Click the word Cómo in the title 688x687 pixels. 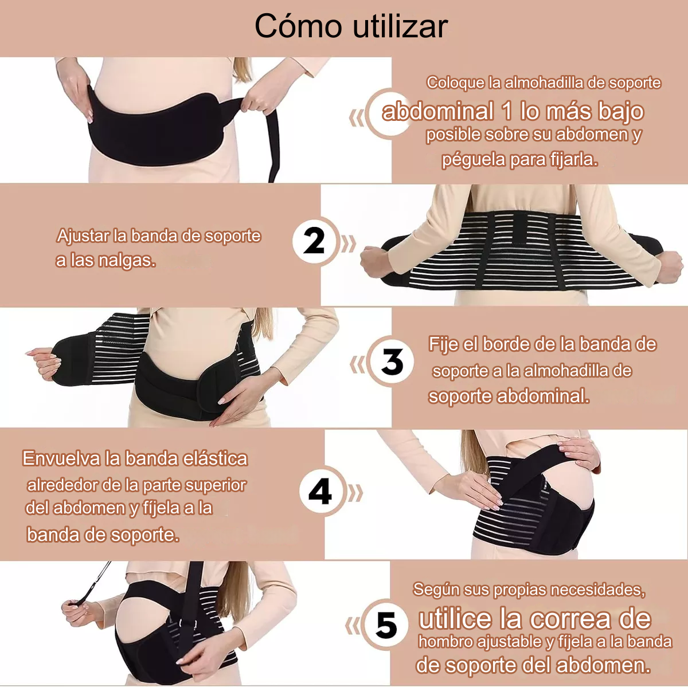click(x=299, y=26)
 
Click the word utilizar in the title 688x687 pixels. click(x=400, y=26)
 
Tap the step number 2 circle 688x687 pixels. click(x=314, y=241)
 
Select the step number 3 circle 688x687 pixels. click(x=392, y=362)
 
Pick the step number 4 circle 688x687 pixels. click(x=320, y=492)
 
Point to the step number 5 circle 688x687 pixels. click(x=386, y=625)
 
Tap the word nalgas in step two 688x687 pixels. click(x=126, y=261)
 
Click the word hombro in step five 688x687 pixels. click(x=445, y=642)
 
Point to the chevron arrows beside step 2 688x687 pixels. click(x=348, y=244)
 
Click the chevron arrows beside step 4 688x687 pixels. click(x=355, y=493)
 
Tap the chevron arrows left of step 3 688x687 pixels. click(x=358, y=364)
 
